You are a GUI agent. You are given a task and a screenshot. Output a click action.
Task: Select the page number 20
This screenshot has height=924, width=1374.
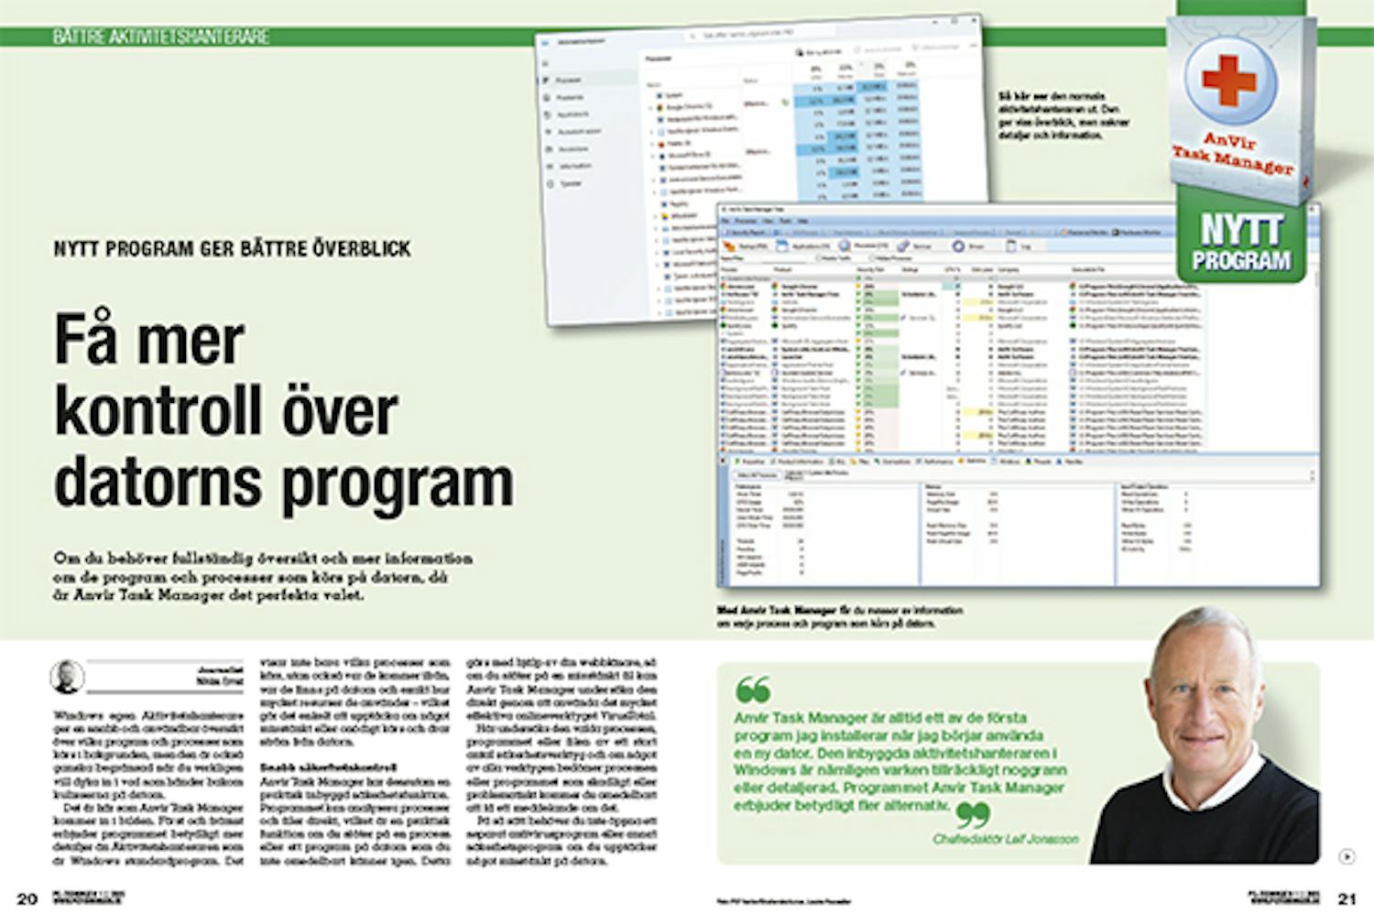(27, 898)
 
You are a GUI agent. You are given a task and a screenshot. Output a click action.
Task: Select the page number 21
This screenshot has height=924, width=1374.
(1347, 898)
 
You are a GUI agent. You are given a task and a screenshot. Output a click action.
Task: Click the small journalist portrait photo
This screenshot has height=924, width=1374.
(67, 678)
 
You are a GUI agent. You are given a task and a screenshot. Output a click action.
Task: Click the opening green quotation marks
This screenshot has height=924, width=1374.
(753, 690)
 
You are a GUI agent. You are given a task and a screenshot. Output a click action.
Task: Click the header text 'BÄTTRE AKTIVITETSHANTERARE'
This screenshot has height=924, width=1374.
(161, 37)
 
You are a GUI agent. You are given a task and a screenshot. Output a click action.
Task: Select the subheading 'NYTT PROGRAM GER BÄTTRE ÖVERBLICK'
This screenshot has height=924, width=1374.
(232, 249)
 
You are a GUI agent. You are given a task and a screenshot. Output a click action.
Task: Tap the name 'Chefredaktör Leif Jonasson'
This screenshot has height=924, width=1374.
(1005, 839)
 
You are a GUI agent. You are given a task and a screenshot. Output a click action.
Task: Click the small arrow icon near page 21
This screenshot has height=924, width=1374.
(1346, 857)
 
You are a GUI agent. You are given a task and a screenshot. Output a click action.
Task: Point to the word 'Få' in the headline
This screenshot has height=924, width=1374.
(84, 341)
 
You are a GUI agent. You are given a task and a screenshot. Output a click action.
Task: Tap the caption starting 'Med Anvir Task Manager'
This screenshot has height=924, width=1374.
(839, 616)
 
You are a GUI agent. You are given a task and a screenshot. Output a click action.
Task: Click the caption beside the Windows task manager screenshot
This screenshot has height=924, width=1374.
(1063, 115)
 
